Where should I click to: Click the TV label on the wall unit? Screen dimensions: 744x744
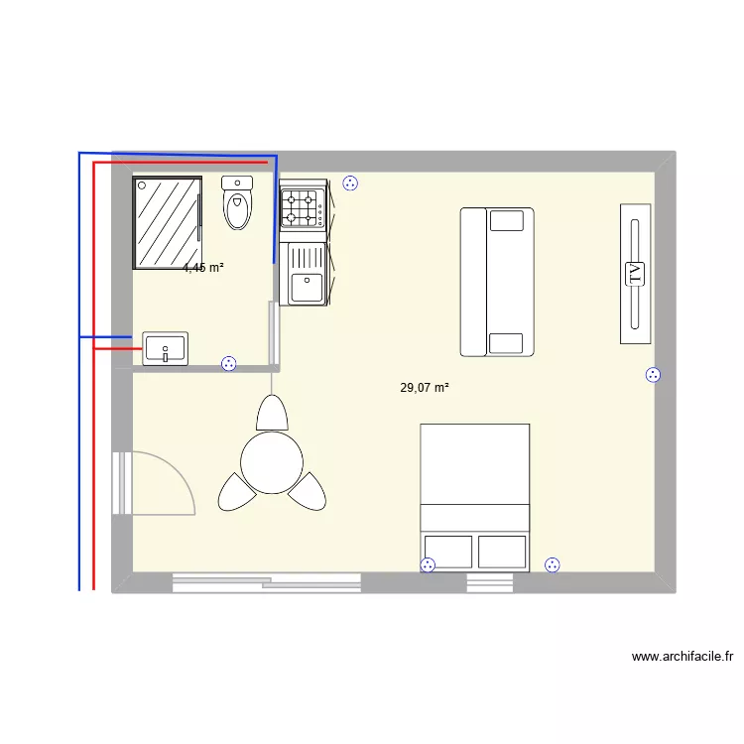click(635, 274)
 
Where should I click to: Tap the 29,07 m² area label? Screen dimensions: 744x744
click(425, 388)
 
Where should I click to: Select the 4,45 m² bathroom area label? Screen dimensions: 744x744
click(203, 268)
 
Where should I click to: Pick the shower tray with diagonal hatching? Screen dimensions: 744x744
click(168, 223)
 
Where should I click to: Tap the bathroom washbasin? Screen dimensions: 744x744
click(165, 349)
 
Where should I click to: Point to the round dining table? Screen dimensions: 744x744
click(271, 461)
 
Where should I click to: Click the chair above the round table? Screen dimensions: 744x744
click(271, 412)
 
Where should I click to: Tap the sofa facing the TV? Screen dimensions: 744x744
click(496, 282)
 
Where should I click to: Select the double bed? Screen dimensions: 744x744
click(474, 496)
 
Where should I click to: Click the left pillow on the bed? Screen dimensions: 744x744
click(447, 552)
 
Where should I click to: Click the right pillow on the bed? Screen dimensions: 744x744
click(502, 552)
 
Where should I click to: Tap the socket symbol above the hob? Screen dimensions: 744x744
click(349, 183)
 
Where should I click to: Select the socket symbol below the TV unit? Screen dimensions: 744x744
click(653, 375)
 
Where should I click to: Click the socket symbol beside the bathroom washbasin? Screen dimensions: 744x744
click(229, 363)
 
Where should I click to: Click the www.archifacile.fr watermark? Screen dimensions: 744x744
click(682, 657)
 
